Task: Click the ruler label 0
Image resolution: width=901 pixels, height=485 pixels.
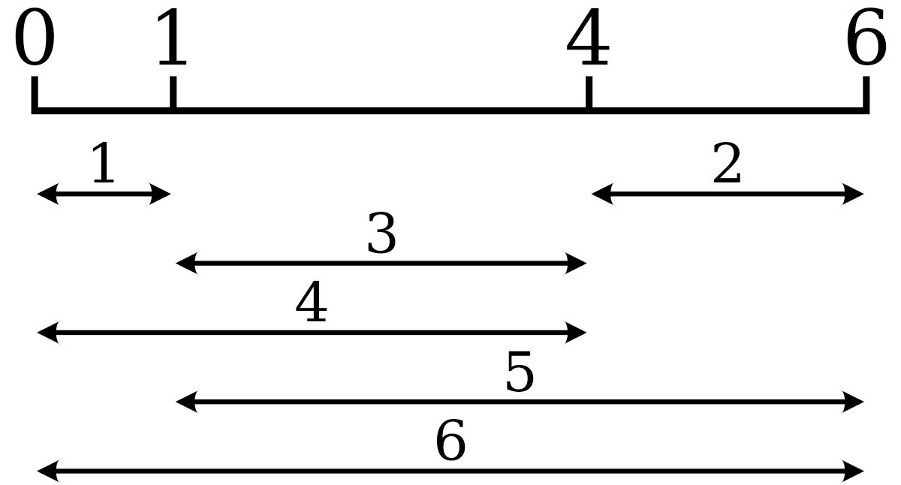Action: click(x=35, y=37)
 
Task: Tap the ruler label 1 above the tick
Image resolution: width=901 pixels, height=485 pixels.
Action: click(x=173, y=37)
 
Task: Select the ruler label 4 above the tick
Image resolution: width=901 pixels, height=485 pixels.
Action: click(x=588, y=37)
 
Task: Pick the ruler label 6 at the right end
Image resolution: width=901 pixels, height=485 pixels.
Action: click(x=866, y=37)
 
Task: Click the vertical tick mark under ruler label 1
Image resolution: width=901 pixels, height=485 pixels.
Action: click(x=173, y=92)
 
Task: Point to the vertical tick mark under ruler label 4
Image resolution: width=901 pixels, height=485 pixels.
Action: click(x=589, y=92)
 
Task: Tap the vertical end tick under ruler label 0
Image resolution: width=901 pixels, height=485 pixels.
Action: click(x=35, y=92)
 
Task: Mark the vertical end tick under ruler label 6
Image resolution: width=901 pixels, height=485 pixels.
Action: click(x=866, y=92)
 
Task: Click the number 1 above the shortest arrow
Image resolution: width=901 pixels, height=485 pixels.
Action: click(x=104, y=162)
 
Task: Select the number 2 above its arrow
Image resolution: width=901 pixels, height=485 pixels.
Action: click(x=727, y=162)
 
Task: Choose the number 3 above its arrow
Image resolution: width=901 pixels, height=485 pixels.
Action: click(x=381, y=233)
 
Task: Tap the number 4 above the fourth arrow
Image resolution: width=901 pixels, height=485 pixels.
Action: click(x=312, y=301)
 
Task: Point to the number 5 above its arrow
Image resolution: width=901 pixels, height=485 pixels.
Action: click(x=520, y=371)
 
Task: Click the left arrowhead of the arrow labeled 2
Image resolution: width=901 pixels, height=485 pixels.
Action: click(x=603, y=194)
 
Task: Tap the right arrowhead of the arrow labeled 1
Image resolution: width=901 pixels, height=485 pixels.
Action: click(x=160, y=194)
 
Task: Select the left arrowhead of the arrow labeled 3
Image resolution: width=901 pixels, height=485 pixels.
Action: click(x=188, y=264)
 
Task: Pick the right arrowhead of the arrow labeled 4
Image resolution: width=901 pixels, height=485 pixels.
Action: click(x=575, y=333)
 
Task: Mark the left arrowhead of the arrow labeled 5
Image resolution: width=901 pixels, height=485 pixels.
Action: click(x=188, y=402)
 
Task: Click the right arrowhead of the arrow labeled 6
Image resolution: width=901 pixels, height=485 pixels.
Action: click(x=853, y=471)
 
